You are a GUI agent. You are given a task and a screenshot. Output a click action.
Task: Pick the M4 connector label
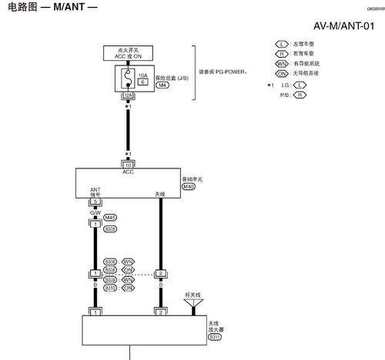162,85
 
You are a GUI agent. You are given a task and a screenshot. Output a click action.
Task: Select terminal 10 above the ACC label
129,165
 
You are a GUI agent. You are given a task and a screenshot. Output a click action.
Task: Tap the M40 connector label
189,186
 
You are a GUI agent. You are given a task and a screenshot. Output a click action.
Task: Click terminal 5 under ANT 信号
95,202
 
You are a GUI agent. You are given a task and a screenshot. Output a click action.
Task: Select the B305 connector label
110,228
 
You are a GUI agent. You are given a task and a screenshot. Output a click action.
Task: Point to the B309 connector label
110,279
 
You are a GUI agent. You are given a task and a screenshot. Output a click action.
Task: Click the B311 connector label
215,336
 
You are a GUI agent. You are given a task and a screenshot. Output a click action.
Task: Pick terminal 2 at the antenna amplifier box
160,313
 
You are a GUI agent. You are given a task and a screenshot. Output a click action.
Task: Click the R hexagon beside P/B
300,95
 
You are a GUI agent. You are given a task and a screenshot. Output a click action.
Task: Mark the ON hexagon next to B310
128,288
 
